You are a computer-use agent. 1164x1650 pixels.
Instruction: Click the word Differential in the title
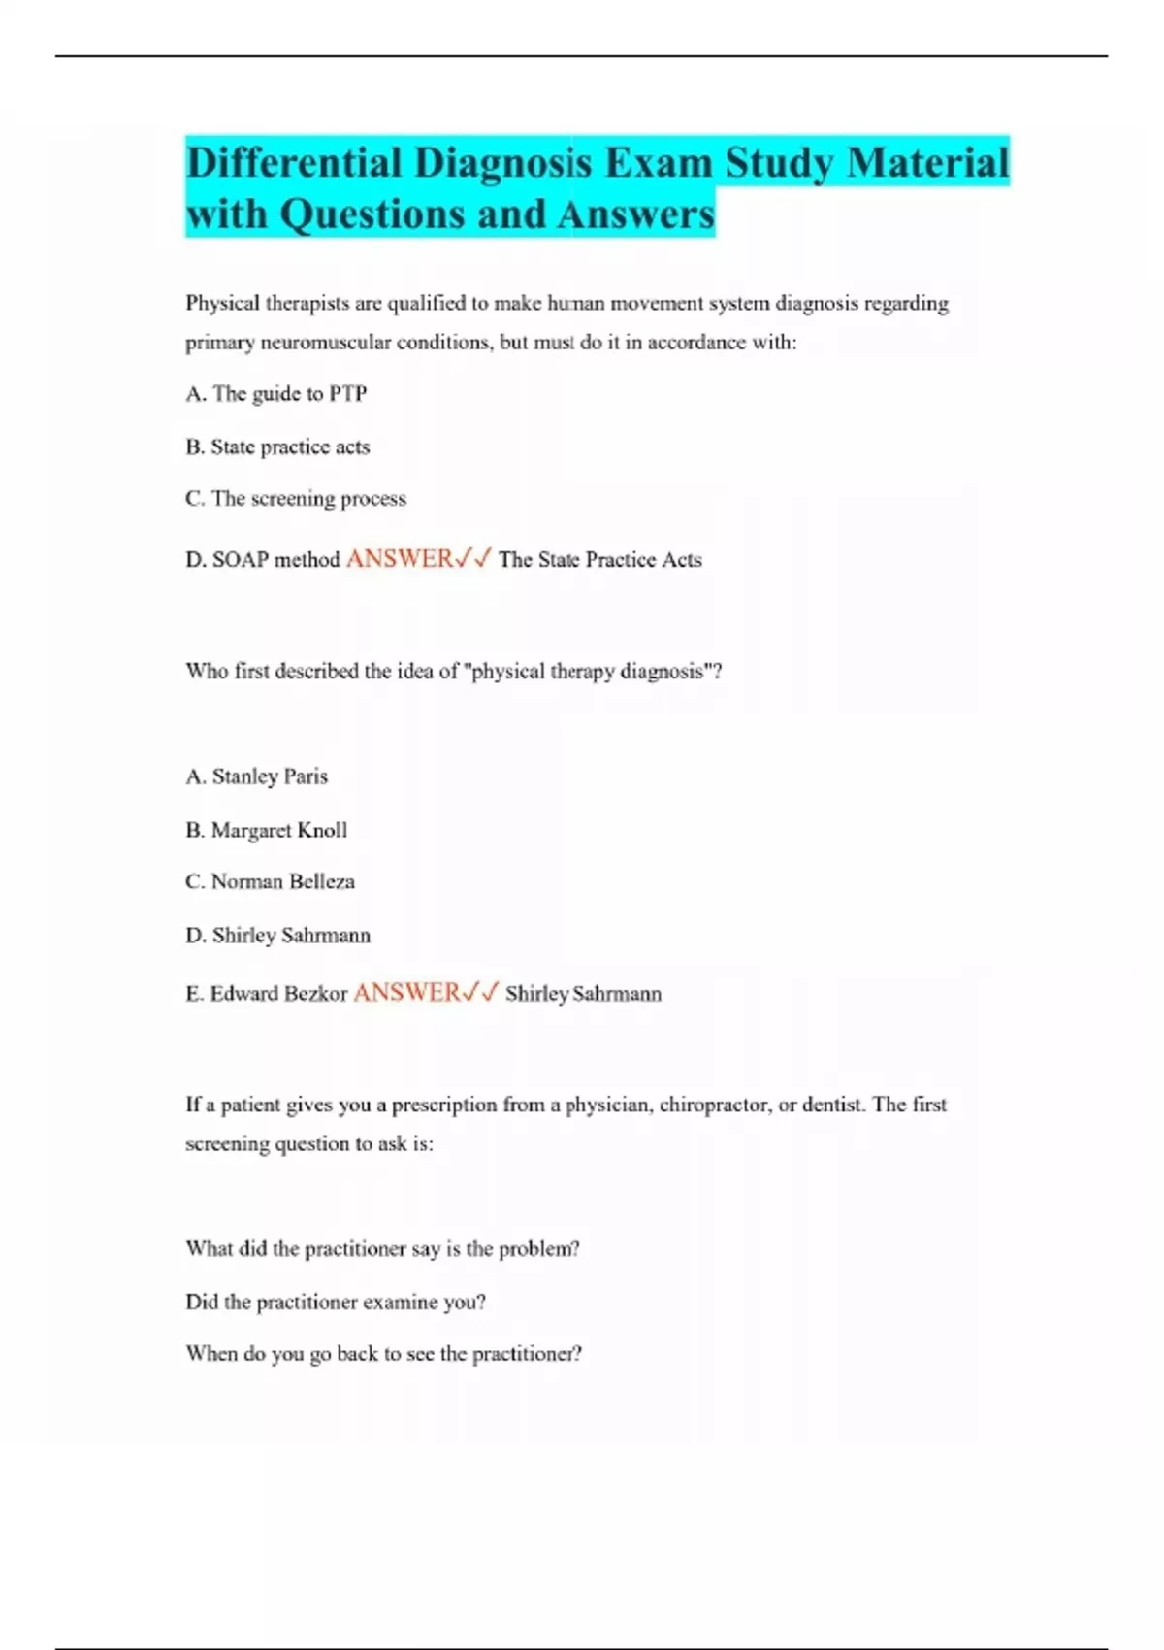point(293,162)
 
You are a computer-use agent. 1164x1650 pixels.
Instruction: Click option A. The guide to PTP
point(276,394)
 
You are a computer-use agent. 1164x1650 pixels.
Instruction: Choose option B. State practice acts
point(277,447)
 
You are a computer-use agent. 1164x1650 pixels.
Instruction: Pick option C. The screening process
point(296,499)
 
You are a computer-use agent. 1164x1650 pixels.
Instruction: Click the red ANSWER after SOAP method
point(400,559)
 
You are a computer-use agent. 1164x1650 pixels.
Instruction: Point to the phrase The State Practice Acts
point(599,560)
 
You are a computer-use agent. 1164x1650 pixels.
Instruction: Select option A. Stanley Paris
point(257,776)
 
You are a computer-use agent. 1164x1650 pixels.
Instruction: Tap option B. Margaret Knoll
point(266,830)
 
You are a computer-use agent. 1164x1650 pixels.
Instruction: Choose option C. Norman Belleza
point(270,882)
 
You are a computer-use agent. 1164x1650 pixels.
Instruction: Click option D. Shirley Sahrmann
point(278,936)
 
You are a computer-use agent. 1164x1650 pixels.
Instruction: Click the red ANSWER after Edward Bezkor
point(406,993)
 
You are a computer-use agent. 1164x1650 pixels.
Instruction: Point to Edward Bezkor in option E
point(278,994)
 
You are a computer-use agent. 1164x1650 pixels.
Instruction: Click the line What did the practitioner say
point(382,1249)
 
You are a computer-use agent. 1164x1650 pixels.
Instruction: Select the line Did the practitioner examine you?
point(336,1303)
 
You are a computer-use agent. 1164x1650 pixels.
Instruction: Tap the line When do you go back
point(383,1354)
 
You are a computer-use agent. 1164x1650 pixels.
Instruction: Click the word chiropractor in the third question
point(714,1105)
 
